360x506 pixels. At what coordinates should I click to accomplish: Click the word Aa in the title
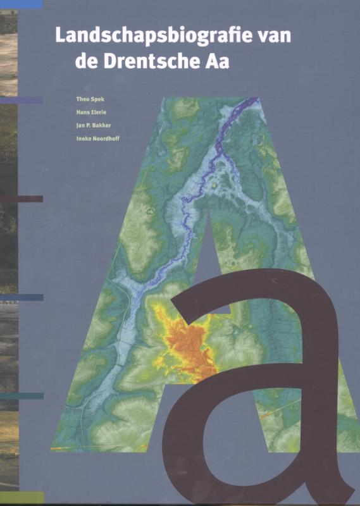[x=214, y=61]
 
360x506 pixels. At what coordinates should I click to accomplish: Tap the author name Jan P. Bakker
[x=92, y=125]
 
